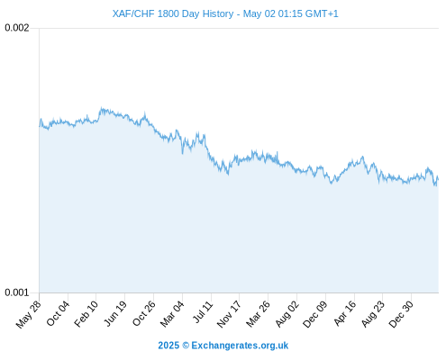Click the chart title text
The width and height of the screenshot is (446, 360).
[x=225, y=13]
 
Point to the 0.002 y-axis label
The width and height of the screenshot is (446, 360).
[x=17, y=28]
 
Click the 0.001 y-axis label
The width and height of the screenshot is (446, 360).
[x=17, y=292]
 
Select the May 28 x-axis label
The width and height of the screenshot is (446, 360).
[x=28, y=314]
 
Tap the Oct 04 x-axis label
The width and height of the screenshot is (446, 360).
[x=58, y=313]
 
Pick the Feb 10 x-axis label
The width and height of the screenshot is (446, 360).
[x=86, y=314]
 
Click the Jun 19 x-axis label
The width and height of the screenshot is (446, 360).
[x=115, y=313]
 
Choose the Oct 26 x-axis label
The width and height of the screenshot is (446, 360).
[x=144, y=313]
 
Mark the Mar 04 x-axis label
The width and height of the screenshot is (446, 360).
[x=172, y=314]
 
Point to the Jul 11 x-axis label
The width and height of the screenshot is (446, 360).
[x=203, y=312]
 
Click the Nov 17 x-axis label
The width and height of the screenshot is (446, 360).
[x=229, y=314]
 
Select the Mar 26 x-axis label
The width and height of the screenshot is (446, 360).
[x=258, y=314]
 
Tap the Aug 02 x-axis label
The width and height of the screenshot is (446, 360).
[x=287, y=314]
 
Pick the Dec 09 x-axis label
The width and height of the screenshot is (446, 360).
[x=314, y=314]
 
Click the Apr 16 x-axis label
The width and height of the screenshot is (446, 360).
[x=345, y=313]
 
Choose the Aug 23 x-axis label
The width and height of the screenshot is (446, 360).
[x=372, y=314]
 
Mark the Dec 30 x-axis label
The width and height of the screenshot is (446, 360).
[x=401, y=314]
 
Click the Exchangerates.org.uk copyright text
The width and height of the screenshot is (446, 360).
[x=223, y=346]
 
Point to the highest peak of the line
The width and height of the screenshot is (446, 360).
[x=102, y=108]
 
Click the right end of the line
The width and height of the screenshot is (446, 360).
[x=438, y=179]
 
